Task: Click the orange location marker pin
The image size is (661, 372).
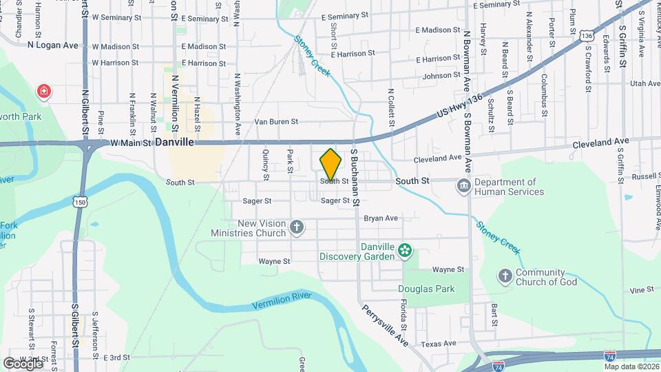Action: click(x=330, y=163)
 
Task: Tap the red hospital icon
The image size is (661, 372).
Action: click(x=44, y=91)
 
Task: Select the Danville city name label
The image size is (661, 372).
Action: click(x=175, y=142)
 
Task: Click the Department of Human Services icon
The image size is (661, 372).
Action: click(x=464, y=185)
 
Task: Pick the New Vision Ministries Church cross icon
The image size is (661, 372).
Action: click(x=297, y=227)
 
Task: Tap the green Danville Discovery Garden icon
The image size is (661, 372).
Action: click(x=406, y=249)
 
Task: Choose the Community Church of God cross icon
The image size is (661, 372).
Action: click(x=505, y=276)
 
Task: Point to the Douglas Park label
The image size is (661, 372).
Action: click(x=426, y=289)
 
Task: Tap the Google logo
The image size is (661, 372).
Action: click(x=23, y=362)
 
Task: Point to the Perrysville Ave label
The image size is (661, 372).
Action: click(x=386, y=324)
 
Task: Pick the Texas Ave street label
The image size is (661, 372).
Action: click(x=439, y=343)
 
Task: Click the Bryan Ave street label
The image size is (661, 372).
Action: click(x=381, y=218)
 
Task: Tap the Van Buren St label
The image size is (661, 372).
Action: click(x=275, y=122)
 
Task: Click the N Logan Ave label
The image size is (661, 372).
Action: click(x=54, y=45)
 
